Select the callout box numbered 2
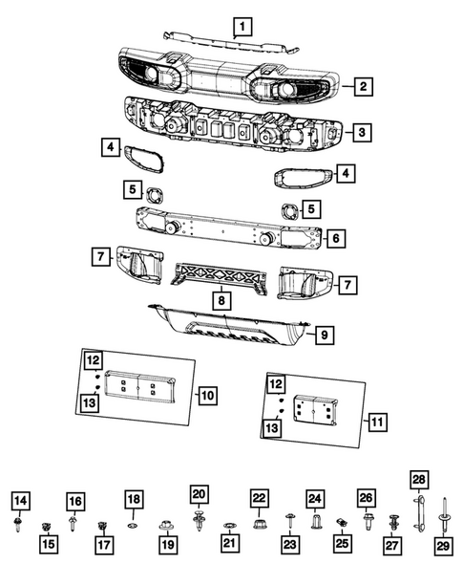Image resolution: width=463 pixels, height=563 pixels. [364, 88]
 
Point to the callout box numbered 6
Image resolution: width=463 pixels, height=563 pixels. [335, 237]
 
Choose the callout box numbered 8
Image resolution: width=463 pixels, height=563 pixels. [221, 299]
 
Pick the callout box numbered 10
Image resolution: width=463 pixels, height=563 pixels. [208, 393]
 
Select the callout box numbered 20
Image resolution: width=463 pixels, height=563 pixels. [198, 493]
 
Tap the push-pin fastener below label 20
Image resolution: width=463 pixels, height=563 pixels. [198, 522]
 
